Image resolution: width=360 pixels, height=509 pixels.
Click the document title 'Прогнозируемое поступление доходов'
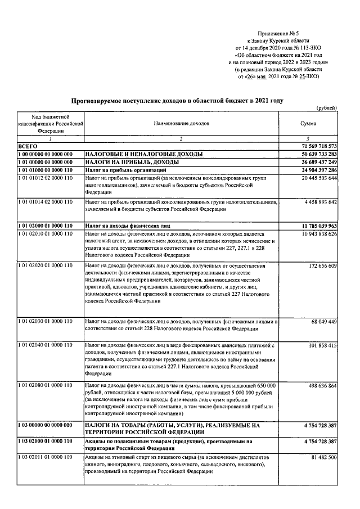pos(177,101)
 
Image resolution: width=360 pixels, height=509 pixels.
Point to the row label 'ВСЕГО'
pos(28,146)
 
